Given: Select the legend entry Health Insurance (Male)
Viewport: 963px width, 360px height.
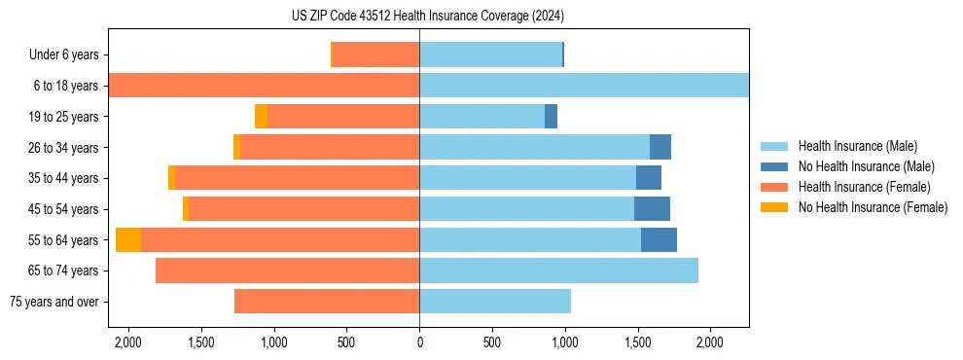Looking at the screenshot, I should click(852, 146).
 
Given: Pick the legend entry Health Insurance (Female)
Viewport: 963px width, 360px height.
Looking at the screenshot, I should click(858, 187).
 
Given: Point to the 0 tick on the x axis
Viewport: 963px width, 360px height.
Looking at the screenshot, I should click(419, 342).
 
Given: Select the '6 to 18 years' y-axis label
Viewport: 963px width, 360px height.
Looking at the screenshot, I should click(66, 86).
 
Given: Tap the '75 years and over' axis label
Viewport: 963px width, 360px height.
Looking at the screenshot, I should click(55, 302).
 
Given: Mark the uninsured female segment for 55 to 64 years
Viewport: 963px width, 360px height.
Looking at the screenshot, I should click(128, 240).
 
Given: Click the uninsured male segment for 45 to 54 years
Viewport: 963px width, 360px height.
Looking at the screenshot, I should click(652, 209).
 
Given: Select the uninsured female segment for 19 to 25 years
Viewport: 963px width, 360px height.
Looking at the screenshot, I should click(262, 117).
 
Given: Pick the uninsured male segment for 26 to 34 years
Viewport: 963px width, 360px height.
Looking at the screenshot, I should click(660, 147).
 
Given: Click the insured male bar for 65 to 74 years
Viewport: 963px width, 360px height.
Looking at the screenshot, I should click(558, 270).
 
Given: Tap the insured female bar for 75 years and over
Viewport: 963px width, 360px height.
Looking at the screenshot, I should click(327, 302).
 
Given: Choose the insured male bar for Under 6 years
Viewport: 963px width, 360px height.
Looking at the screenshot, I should click(490, 55).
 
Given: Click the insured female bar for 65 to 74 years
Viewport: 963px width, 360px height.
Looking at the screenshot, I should click(287, 270).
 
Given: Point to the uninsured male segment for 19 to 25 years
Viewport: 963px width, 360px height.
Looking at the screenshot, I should click(551, 117).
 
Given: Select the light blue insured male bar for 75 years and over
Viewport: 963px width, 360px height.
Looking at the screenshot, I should click(495, 302).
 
